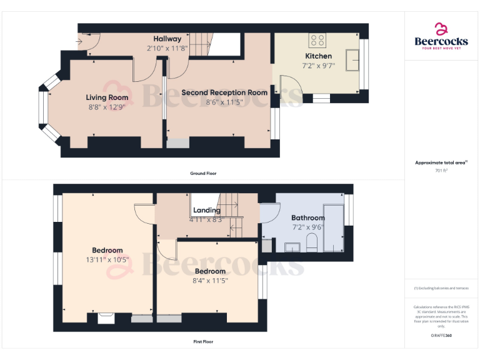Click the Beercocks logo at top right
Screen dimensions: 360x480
[441, 36]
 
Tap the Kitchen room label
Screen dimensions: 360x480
[318, 56]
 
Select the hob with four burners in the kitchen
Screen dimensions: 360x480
[317, 41]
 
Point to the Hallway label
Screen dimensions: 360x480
[167, 39]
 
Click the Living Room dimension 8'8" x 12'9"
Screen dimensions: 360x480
[107, 107]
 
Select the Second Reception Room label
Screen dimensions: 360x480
[224, 92]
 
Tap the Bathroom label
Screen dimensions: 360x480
[307, 218]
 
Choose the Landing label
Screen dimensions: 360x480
[206, 211]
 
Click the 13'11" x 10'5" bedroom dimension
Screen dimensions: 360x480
[107, 259]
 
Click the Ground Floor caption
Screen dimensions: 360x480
[203, 173]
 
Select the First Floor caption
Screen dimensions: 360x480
[203, 342]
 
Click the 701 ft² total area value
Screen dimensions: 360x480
[441, 170]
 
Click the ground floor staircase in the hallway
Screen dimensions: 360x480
[201, 45]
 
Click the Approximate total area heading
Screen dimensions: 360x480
[441, 162]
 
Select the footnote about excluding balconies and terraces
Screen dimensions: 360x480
[441, 288]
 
